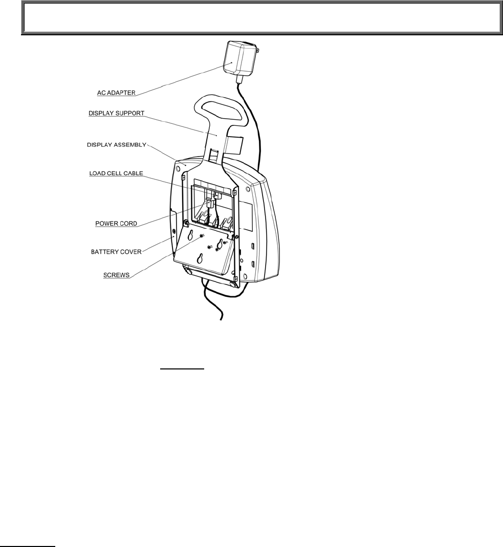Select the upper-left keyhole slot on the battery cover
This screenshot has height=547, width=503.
click(x=190, y=235)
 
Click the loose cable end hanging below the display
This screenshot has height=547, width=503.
click(x=221, y=320)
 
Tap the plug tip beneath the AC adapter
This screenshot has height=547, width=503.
click(x=239, y=81)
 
